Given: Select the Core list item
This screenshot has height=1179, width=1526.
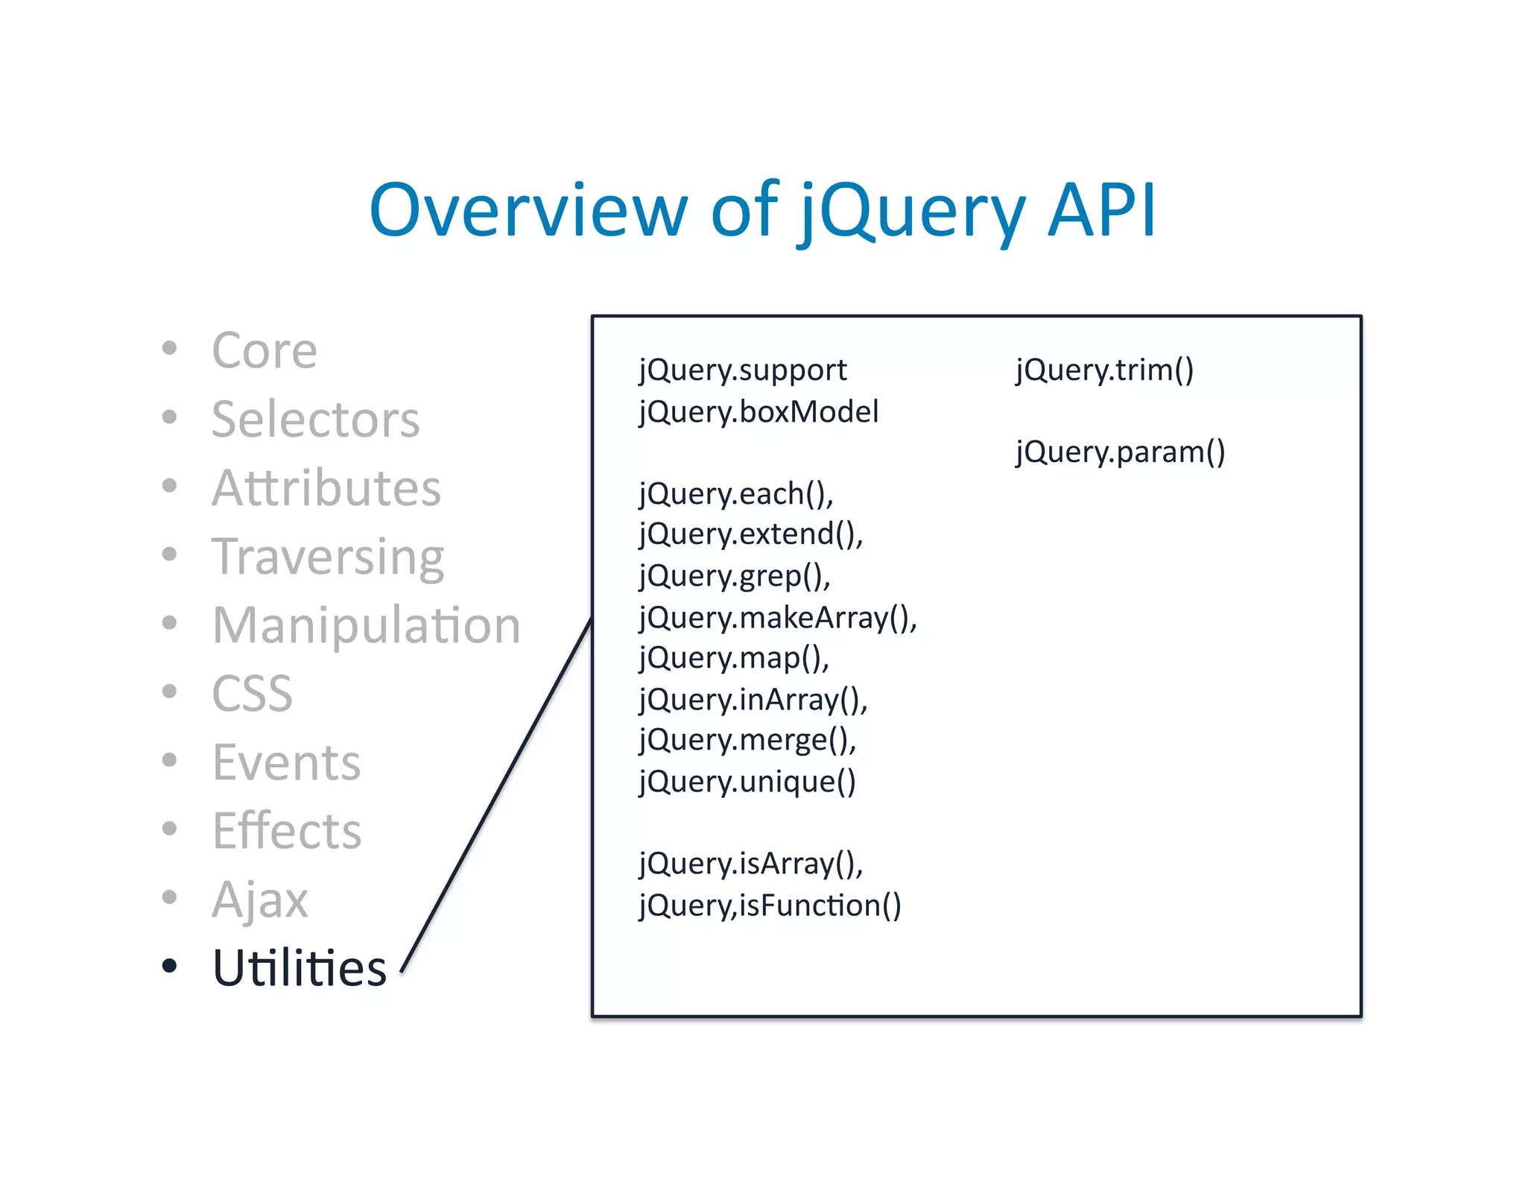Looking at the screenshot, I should pos(265,350).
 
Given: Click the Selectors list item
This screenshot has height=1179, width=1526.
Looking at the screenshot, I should pos(315,419).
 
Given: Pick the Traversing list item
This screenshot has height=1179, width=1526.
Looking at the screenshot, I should pos(328,557).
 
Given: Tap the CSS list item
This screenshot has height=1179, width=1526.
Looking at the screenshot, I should pos(252,694).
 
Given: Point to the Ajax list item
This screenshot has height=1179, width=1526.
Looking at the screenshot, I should pos(259,900).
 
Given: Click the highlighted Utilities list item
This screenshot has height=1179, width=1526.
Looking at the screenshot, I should pos(299,968).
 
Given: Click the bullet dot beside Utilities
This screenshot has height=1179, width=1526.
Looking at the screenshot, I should pos(170,967).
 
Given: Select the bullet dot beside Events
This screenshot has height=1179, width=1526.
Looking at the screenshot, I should pos(170,760).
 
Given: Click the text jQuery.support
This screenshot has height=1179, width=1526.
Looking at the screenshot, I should pos(743,370).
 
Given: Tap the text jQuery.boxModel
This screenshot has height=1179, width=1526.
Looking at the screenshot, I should pos(759,412).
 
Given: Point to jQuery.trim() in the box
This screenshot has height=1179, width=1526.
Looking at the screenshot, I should pos(1104,370).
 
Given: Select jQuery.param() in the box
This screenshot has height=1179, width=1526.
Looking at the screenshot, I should pos(1120,452).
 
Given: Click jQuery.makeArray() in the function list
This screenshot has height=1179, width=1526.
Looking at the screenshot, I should pos(777,618).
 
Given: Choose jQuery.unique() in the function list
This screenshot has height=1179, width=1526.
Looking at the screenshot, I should pos(747,782).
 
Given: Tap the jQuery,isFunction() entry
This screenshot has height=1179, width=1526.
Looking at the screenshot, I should pos(770,905).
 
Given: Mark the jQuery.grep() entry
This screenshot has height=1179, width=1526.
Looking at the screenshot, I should pos(734,576).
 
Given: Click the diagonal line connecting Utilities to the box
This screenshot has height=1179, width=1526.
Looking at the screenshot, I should pos(497,794).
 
